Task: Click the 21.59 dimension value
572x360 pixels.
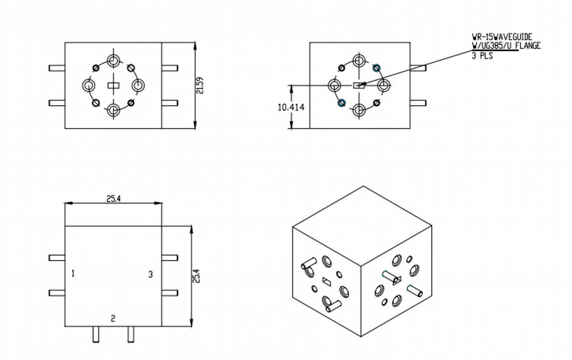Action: (x=200, y=85)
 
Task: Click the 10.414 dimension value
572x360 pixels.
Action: (x=291, y=108)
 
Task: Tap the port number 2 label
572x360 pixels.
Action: (x=113, y=318)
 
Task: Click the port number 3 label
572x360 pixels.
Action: (x=151, y=274)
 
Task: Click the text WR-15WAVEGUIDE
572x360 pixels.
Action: (x=502, y=38)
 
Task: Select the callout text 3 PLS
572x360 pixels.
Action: (x=483, y=56)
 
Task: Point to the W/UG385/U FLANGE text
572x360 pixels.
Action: (x=506, y=46)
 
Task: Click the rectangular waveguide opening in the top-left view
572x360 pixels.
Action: (x=114, y=85)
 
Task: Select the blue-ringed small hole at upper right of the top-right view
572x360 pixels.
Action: (x=376, y=68)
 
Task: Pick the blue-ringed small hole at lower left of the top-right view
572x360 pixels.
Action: (x=342, y=103)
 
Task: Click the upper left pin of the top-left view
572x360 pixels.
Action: (x=57, y=68)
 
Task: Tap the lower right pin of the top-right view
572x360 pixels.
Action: (x=418, y=103)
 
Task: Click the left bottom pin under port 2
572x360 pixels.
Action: (x=96, y=334)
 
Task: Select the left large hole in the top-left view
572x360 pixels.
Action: (x=89, y=85)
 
